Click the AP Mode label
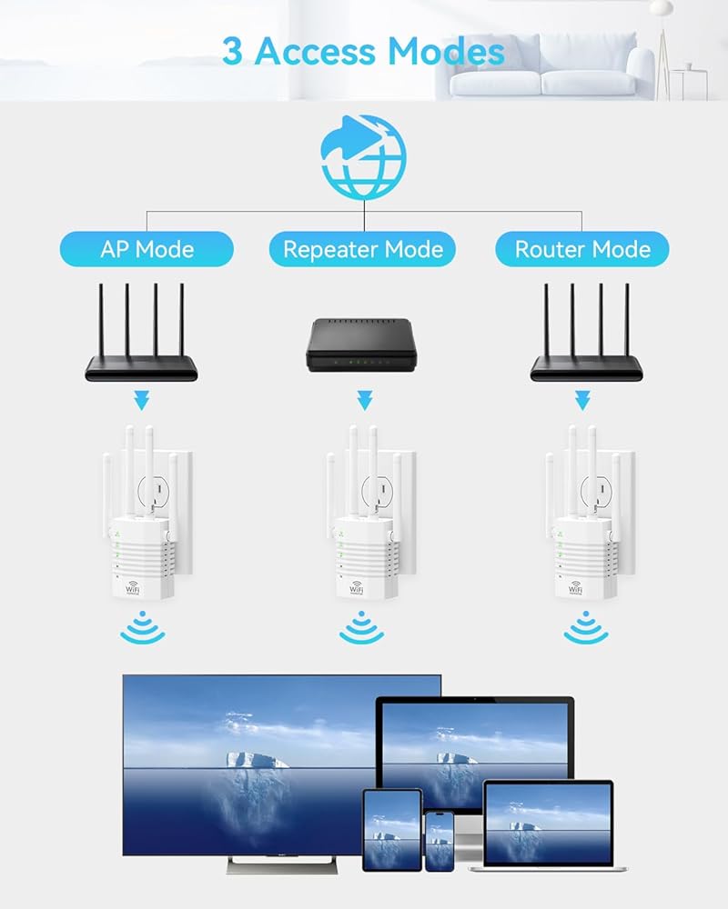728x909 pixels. tap(147, 249)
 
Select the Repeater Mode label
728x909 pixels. tap(363, 249)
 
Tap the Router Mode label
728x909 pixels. tap(582, 249)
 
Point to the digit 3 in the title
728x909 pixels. tap(233, 51)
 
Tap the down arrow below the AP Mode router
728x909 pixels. tap(142, 400)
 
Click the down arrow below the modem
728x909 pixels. tap(364, 400)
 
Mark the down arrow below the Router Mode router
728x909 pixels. tap(582, 400)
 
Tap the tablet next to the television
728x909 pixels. tap(392, 829)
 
